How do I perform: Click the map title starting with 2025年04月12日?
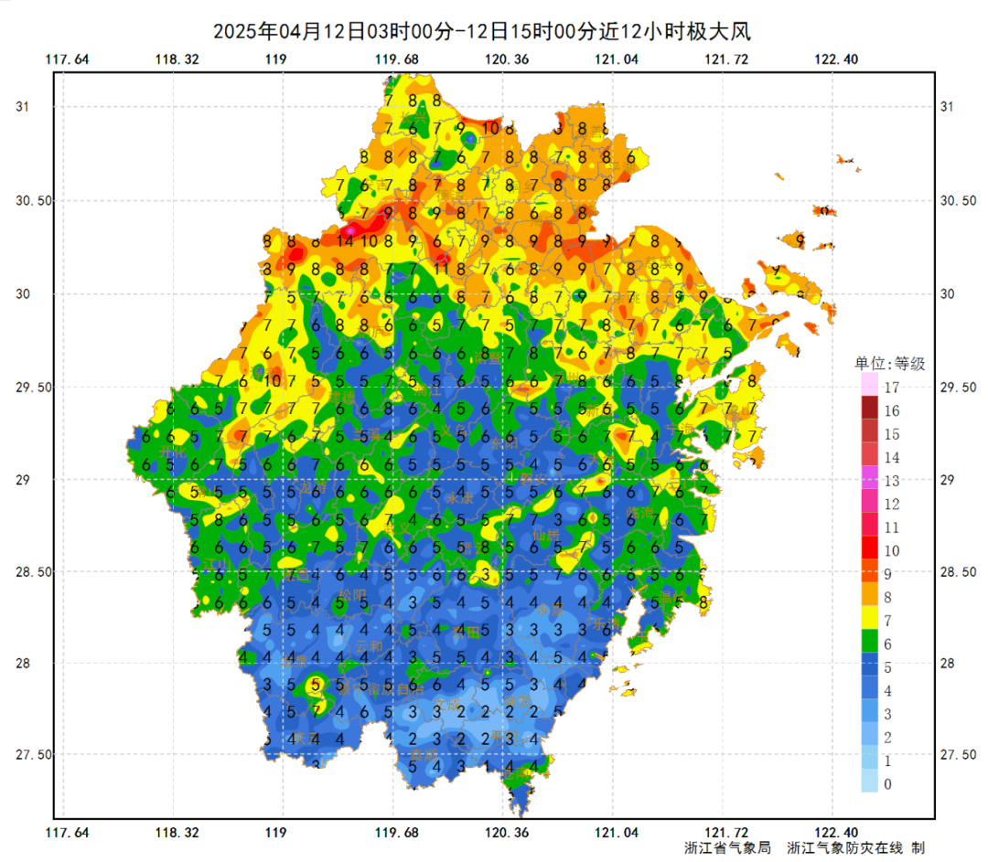(x=481, y=32)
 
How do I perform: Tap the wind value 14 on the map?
(x=345, y=242)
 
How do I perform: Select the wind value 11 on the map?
(x=441, y=269)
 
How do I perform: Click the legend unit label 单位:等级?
(x=889, y=364)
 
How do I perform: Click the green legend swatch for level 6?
(x=869, y=643)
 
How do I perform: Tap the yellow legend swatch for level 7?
(x=869, y=619)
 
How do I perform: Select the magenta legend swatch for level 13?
(x=869, y=479)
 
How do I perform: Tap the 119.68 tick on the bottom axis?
(x=396, y=832)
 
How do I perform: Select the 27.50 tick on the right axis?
(x=961, y=755)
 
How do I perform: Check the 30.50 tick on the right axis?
(x=961, y=201)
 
